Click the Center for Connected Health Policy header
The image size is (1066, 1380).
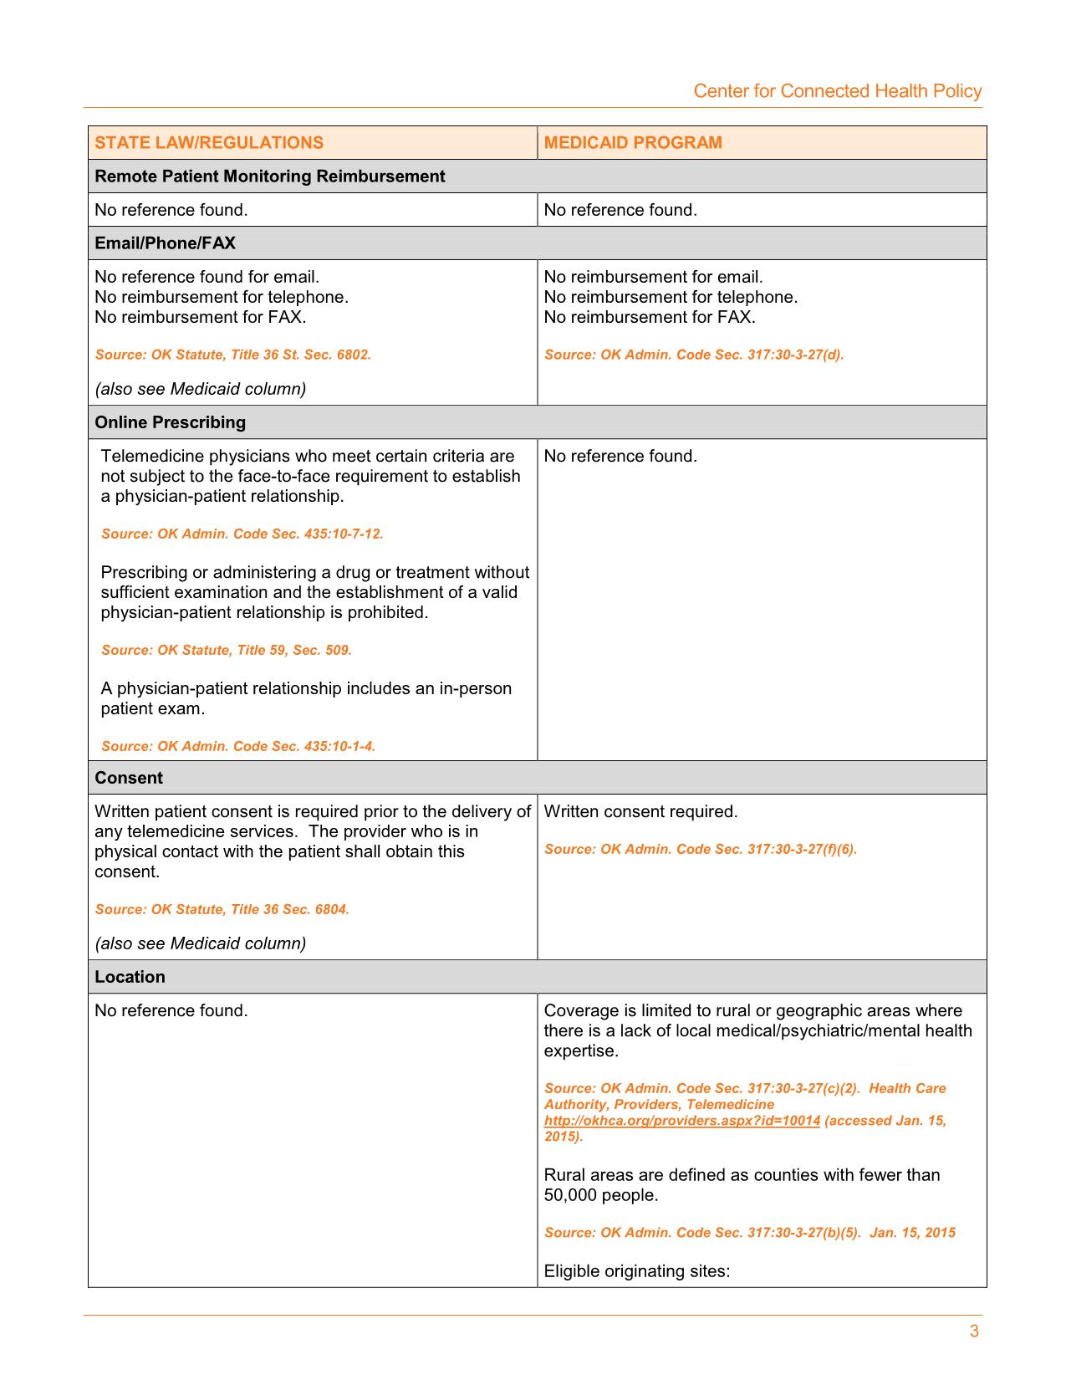pyautogui.click(x=837, y=91)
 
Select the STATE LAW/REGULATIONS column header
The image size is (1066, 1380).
pyautogui.click(x=209, y=142)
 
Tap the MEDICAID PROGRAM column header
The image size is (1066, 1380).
pyautogui.click(x=633, y=142)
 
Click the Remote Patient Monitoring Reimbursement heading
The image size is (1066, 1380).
pyautogui.click(x=269, y=176)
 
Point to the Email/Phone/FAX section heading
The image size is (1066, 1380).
pyautogui.click(x=165, y=243)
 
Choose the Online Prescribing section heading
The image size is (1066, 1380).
pyautogui.click(x=170, y=422)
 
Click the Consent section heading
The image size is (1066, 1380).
pyautogui.click(x=129, y=778)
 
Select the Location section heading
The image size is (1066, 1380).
pyautogui.click(x=130, y=977)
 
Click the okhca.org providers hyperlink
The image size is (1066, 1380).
pyautogui.click(x=681, y=1121)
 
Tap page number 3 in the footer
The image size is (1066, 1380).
pyautogui.click(x=974, y=1331)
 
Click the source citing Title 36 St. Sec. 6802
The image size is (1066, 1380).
pyautogui.click(x=232, y=355)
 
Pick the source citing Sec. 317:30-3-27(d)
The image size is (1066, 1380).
pyautogui.click(x=694, y=355)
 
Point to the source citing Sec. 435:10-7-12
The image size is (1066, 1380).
pyautogui.click(x=242, y=534)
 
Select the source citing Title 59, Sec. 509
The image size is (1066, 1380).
pyautogui.click(x=226, y=650)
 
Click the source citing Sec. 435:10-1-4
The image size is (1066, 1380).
pyautogui.click(x=238, y=746)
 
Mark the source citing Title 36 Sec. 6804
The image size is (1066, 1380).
pyautogui.click(x=222, y=909)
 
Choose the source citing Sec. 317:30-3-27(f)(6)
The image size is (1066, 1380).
pyautogui.click(x=701, y=849)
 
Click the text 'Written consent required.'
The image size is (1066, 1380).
pyautogui.click(x=640, y=811)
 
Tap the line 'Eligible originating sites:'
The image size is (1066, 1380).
pyautogui.click(x=637, y=1271)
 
